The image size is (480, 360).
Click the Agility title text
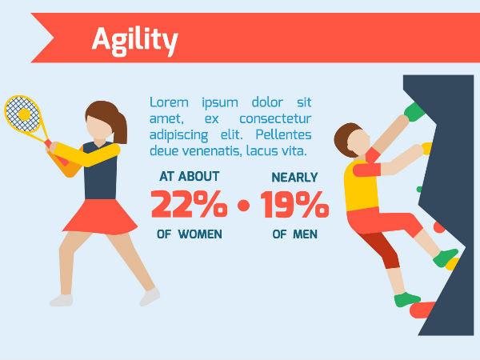(134, 38)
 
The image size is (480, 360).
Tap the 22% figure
(189, 205)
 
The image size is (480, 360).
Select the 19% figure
(294, 205)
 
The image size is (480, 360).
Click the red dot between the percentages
(243, 206)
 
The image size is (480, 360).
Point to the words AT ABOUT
(189, 176)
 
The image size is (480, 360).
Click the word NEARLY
(294, 177)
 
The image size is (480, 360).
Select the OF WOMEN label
(190, 234)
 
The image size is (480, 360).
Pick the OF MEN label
(294, 234)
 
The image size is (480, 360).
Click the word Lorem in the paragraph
(170, 102)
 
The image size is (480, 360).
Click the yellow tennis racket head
(22, 114)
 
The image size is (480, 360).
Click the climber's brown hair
(346, 138)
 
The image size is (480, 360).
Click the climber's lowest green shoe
(407, 300)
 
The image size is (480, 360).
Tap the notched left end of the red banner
(44, 38)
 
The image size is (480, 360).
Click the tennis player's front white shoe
(149, 297)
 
